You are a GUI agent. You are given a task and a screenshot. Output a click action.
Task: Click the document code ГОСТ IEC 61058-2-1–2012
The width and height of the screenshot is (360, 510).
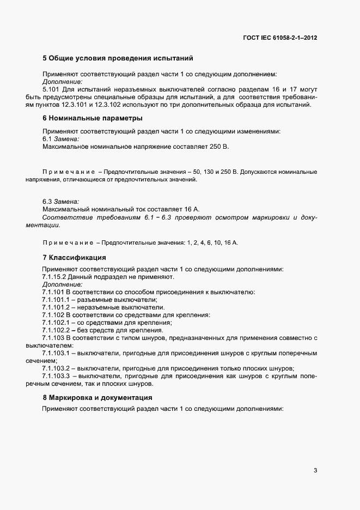tap(280, 38)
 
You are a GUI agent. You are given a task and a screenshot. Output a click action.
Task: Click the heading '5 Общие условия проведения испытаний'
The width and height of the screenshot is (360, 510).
tap(118, 58)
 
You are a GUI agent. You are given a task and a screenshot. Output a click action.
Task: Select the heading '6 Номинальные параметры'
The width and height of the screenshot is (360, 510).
tap(93, 118)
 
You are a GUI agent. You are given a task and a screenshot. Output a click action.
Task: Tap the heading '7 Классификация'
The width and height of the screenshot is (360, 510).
tap(74, 257)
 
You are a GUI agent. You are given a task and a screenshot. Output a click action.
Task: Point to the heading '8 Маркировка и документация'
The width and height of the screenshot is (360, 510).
tap(97, 397)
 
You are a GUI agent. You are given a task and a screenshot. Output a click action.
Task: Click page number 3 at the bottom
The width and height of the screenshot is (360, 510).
tap(315, 471)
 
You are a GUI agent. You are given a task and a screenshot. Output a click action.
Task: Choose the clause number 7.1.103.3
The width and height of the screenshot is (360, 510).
tap(57, 375)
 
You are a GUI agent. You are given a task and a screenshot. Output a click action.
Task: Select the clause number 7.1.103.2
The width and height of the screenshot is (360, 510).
tap(57, 368)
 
